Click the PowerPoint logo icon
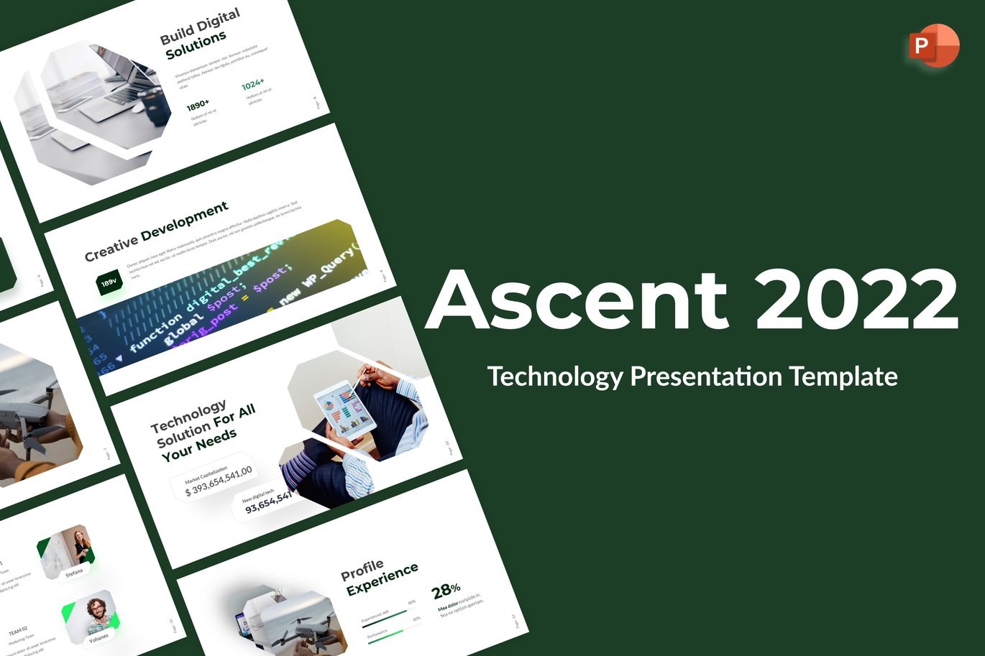[933, 46]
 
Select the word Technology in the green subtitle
[554, 376]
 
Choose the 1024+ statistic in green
[252, 85]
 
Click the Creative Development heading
[156, 231]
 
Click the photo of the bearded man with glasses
[94, 613]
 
